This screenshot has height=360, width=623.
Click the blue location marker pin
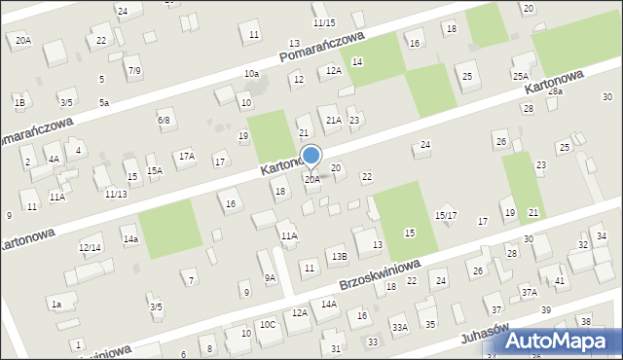tap(311, 156)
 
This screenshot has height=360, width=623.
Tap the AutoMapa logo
tap(564, 341)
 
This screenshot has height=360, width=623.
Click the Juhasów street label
tap(487, 335)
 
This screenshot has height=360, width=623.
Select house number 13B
tap(338, 256)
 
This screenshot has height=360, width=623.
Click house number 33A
tap(399, 328)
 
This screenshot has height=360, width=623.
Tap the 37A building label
tap(529, 292)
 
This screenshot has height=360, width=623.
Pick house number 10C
tap(267, 324)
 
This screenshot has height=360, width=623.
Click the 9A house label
tap(271, 277)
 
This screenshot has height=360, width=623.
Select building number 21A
tap(333, 120)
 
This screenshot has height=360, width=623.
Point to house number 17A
tap(186, 156)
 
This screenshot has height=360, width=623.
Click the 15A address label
tap(154, 170)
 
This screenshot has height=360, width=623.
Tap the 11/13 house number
tap(115, 194)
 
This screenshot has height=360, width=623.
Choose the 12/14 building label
tap(90, 248)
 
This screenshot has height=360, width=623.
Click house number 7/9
tap(134, 70)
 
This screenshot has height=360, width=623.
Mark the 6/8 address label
tap(164, 120)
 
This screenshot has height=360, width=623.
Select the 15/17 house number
tap(446, 215)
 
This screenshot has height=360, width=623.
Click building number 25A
tap(521, 76)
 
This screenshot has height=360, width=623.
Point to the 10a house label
tap(251, 74)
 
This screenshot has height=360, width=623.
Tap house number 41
tap(561, 281)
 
